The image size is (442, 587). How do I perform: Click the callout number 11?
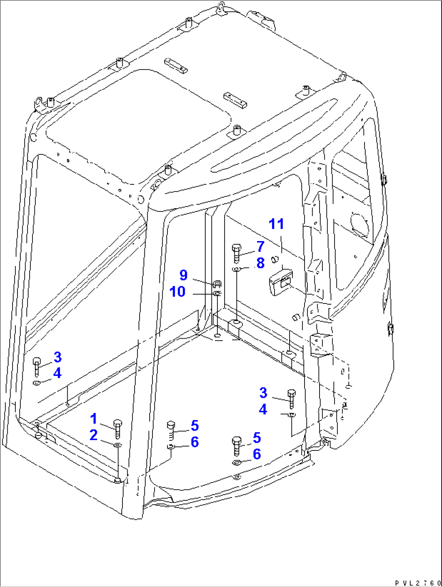[276, 224]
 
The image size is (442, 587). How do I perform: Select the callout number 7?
[260, 246]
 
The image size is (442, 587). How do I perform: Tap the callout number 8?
[260, 263]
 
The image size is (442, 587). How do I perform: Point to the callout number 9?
[183, 275]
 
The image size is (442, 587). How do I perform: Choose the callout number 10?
[177, 291]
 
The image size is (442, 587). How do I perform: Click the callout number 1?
[93, 418]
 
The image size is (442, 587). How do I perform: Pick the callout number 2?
[93, 435]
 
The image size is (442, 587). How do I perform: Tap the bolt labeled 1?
[118, 429]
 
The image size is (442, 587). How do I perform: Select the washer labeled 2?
[118, 445]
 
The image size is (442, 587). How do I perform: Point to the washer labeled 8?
[236, 269]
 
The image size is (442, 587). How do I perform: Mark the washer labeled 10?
[217, 293]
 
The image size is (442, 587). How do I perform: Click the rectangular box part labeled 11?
[281, 282]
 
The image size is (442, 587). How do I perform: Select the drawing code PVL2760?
[418, 583]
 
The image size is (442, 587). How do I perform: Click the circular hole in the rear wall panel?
[360, 224]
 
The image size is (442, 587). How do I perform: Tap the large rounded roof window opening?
[138, 128]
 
